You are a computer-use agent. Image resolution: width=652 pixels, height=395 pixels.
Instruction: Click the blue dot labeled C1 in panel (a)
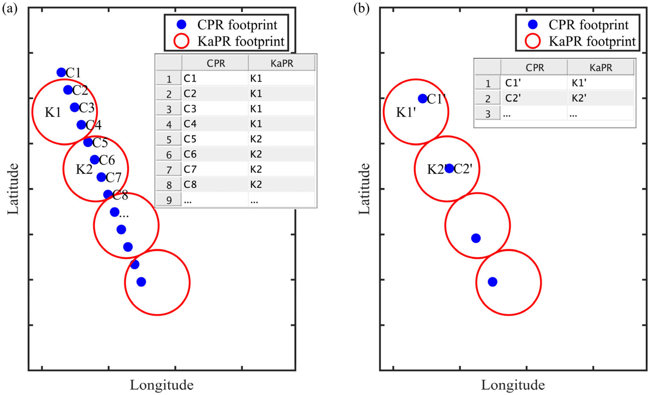tap(61, 72)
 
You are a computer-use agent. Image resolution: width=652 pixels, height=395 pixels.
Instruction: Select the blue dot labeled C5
tap(88, 142)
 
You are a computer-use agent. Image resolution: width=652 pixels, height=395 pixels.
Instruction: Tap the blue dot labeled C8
tap(108, 195)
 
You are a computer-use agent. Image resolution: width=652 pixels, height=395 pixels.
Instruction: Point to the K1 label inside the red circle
tap(53, 112)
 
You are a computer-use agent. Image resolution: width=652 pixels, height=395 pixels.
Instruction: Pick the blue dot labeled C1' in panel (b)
tap(422, 99)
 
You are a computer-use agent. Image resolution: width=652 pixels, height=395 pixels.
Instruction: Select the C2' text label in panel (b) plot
tap(463, 169)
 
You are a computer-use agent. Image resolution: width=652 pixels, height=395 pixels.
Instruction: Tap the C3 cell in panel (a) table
tap(190, 109)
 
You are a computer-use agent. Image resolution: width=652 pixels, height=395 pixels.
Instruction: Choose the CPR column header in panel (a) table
tap(216, 63)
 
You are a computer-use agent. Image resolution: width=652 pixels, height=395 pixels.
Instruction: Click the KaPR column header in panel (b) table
tap(601, 68)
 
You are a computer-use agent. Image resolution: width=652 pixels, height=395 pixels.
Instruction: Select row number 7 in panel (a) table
tap(169, 170)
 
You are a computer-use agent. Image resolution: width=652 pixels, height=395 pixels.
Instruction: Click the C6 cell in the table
tap(190, 154)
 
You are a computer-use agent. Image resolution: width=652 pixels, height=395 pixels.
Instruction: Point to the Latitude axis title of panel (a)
tap(13, 189)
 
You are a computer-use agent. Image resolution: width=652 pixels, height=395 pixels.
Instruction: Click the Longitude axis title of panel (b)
tap(513, 385)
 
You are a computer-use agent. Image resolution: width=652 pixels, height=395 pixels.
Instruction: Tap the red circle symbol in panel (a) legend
tap(181, 41)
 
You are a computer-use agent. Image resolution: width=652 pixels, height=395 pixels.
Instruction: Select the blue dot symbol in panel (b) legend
tap(533, 25)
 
